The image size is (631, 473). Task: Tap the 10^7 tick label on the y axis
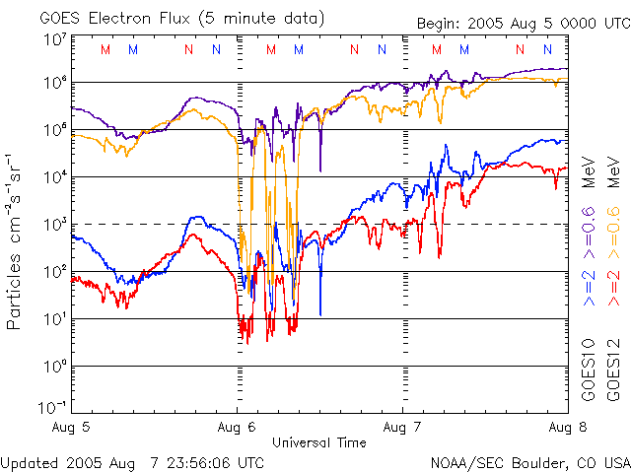tap(54, 39)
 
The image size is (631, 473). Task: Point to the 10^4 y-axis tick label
tap(54, 176)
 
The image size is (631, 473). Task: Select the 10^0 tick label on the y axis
tap(54, 366)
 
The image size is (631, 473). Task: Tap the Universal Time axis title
tap(318, 442)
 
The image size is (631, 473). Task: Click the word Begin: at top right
tap(442, 23)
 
